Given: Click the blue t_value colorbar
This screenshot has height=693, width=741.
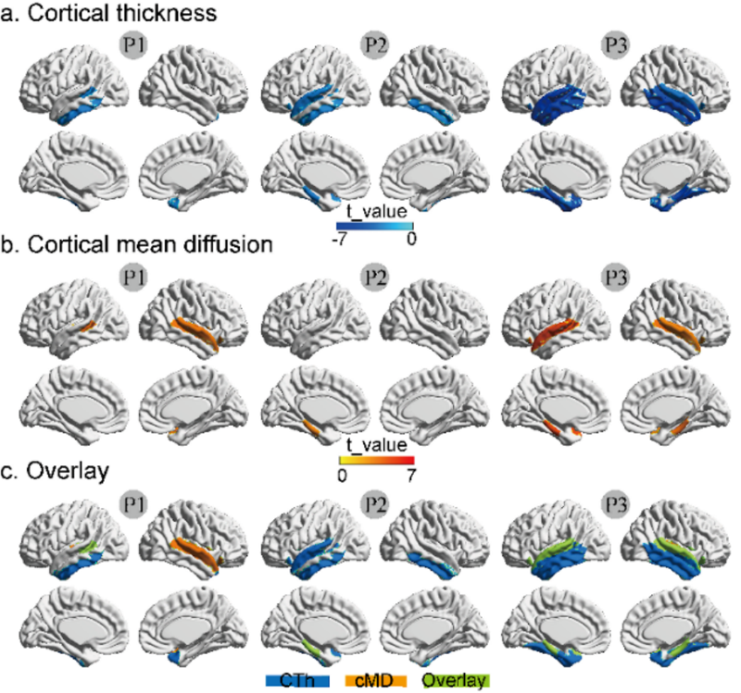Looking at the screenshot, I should click(373, 223).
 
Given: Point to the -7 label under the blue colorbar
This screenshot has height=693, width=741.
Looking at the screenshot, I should click(340, 238).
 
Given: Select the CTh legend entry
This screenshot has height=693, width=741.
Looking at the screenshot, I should click(298, 681).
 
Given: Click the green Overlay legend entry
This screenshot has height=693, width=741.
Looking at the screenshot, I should click(455, 681).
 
